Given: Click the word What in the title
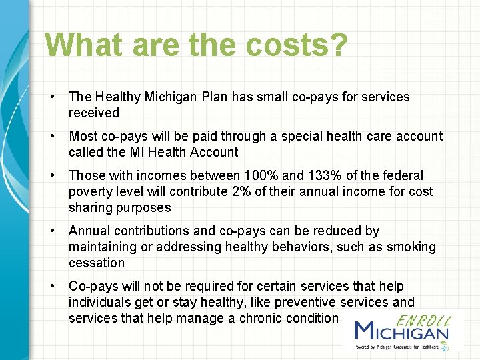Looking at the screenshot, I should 83,45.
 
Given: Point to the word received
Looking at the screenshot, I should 94,113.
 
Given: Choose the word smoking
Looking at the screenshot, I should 411,247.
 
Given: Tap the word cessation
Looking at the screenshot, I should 97,263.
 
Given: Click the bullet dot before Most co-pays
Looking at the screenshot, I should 52,136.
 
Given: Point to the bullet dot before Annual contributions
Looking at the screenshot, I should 52,231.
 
